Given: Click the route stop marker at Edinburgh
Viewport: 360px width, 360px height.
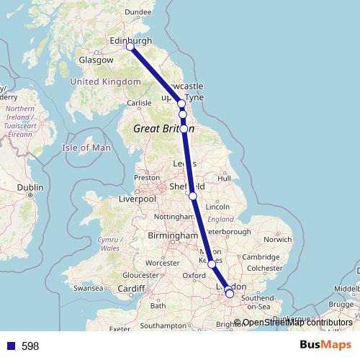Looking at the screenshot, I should (x=130, y=47).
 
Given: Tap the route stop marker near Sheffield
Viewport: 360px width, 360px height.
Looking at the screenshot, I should (x=193, y=196).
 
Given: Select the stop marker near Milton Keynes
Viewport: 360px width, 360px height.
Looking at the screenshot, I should (x=212, y=264).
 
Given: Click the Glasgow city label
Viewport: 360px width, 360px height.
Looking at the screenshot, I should (x=96, y=60).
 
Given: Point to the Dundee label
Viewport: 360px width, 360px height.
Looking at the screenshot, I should (x=138, y=12).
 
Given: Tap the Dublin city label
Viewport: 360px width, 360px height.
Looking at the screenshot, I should (x=30, y=187).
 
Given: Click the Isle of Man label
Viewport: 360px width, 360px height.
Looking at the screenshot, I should (x=87, y=148).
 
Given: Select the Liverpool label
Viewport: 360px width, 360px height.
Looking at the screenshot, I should (x=137, y=199).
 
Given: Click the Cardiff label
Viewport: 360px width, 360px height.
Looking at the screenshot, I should (x=132, y=289).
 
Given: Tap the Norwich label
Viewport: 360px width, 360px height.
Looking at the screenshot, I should (x=277, y=239).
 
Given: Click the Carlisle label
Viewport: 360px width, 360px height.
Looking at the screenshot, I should (x=140, y=103).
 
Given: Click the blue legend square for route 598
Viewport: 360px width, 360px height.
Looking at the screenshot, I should (x=9, y=346).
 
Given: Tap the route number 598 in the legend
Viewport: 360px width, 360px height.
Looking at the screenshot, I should (x=30, y=346).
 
